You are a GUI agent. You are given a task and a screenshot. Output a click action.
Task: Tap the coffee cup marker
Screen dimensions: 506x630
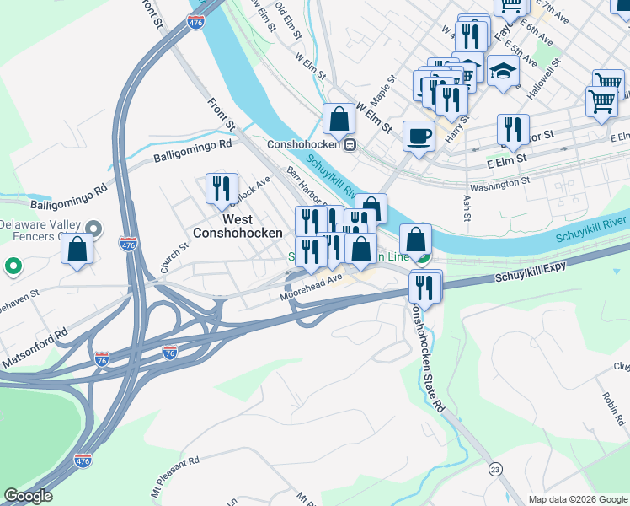point(419,137)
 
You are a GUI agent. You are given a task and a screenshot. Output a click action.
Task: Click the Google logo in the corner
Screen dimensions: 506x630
point(29,496)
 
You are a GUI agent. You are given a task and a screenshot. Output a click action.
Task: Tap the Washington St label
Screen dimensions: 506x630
point(499,180)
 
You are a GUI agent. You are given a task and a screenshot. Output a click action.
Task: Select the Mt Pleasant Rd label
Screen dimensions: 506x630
point(175,476)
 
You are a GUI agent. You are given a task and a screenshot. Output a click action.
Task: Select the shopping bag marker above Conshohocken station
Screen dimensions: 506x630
point(339,120)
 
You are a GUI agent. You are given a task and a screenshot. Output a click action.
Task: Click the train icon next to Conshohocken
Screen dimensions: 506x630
point(349,144)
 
